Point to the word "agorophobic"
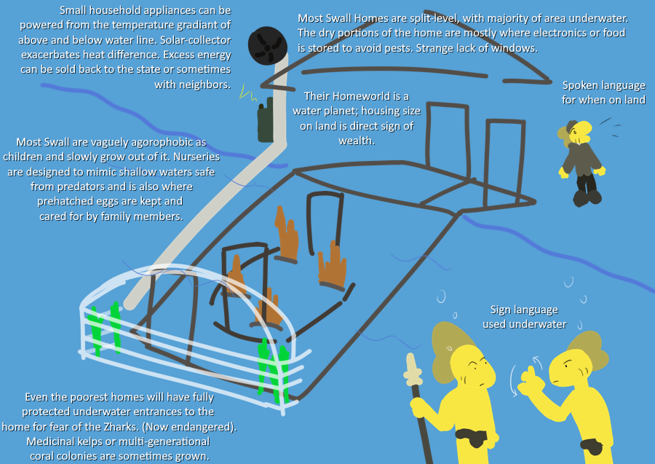click(165, 141)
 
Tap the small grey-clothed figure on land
click(581, 162)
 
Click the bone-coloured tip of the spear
click(413, 369)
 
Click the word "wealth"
click(357, 141)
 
